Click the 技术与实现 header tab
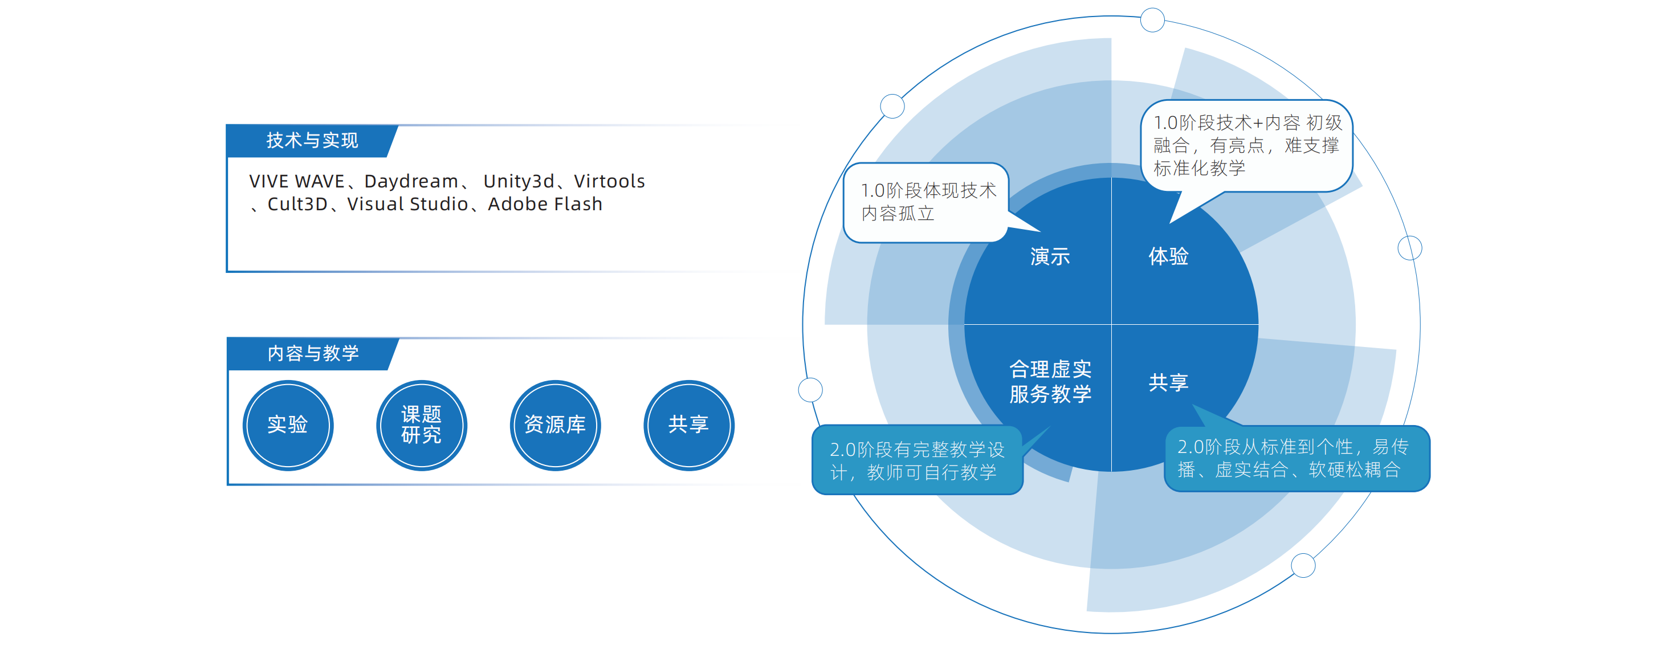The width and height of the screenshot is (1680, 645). (312, 140)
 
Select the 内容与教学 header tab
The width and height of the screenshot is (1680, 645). (312, 353)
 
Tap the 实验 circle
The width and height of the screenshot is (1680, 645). (288, 425)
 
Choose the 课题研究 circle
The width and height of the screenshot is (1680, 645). (421, 425)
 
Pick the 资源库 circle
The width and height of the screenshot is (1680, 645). (555, 425)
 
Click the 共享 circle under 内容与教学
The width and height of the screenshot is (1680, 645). (688, 425)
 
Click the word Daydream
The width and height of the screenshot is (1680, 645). (411, 181)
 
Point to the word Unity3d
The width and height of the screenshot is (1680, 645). (519, 181)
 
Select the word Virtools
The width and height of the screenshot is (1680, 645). (609, 181)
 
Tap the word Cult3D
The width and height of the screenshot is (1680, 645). (297, 204)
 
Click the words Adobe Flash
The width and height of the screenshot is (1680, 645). (545, 204)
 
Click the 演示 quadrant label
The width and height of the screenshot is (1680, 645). (1050, 256)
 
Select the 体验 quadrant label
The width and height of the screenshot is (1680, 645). (1168, 256)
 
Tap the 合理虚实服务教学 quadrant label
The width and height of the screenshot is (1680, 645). (1050, 382)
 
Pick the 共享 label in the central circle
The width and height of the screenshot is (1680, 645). (1168, 382)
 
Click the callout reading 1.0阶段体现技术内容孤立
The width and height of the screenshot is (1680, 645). (926, 203)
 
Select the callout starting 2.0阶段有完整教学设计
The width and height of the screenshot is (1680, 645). (917, 460)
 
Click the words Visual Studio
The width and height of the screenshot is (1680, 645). (407, 204)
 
